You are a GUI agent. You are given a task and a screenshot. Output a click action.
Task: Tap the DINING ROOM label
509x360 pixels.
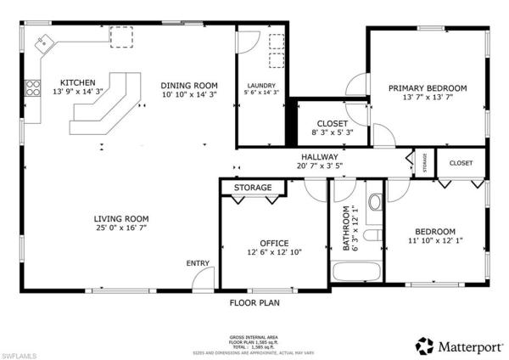[190, 86]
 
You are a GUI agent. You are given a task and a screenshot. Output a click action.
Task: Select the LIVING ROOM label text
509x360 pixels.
[121, 218]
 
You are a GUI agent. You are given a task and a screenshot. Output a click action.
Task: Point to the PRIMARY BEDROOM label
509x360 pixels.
[428, 87]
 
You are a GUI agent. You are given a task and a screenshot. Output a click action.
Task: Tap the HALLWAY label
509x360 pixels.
[319, 157]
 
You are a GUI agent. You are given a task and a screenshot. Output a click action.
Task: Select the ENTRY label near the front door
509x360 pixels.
[198, 263]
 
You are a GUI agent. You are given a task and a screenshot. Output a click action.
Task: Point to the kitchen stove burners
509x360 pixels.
[33, 88]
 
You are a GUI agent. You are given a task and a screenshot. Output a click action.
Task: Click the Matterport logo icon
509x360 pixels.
[424, 346]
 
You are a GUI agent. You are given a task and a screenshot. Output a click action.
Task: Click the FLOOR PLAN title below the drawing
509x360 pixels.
[255, 301]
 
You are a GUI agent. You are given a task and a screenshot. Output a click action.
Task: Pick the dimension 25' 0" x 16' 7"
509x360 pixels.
[121, 228]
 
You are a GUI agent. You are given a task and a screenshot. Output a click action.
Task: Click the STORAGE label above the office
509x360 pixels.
[253, 187]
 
